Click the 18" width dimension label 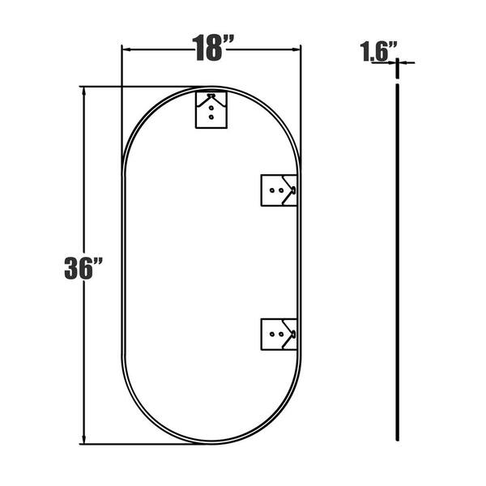[x=212, y=48]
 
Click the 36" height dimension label [x=83, y=268]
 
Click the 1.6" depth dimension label [x=378, y=51]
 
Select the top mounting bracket [x=211, y=109]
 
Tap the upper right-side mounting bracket [x=279, y=190]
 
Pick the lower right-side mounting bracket [x=279, y=334]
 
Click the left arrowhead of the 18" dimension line [x=126, y=49]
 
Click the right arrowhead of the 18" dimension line [x=296, y=49]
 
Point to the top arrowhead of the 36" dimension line [x=83, y=92]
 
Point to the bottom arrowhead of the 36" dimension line [x=83, y=440]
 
